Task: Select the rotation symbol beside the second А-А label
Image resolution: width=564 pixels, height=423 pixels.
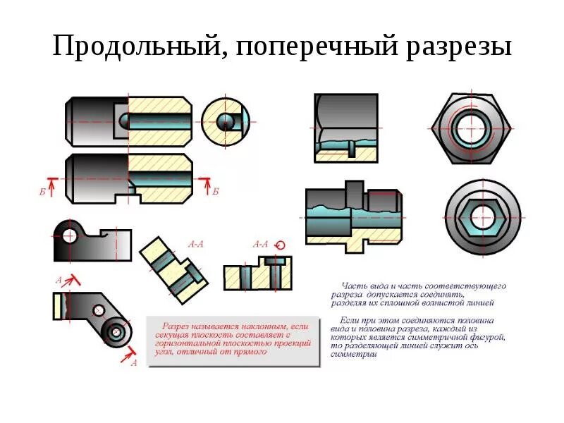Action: (x=280, y=245)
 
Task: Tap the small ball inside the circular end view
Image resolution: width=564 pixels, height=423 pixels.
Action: (x=225, y=119)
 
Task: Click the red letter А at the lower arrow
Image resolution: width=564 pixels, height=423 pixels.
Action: (x=133, y=362)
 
